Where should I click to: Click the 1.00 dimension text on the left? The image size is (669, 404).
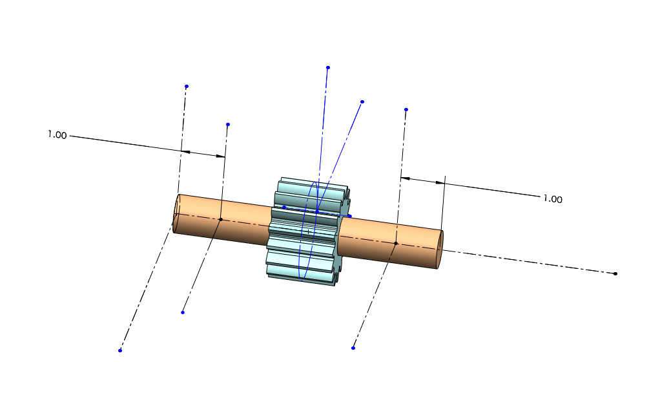pyautogui.click(x=57, y=135)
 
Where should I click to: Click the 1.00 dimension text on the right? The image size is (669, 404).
pyautogui.click(x=553, y=199)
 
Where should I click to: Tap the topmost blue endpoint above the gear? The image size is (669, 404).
pyautogui.click(x=328, y=67)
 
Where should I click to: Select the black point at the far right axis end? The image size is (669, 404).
pyautogui.click(x=615, y=273)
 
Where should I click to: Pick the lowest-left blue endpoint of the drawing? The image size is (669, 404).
pyautogui.click(x=120, y=350)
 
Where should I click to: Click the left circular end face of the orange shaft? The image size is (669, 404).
pyautogui.click(x=176, y=213)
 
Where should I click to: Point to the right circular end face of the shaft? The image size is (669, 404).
pyautogui.click(x=440, y=250)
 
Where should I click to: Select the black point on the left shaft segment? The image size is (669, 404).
pyautogui.click(x=220, y=219)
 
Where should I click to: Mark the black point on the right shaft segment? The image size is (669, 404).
pyautogui.click(x=396, y=243)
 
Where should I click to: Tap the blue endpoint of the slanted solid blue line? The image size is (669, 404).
pyautogui.click(x=362, y=101)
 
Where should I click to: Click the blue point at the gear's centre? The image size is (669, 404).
pyautogui.click(x=317, y=211)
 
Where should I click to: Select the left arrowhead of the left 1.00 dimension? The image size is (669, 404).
pyautogui.click(x=186, y=151)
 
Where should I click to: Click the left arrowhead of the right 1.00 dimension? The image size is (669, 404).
pyautogui.click(x=405, y=178)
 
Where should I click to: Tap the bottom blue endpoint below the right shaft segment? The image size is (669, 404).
pyautogui.click(x=353, y=348)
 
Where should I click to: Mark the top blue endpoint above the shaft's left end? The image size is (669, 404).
pyautogui.click(x=187, y=86)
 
